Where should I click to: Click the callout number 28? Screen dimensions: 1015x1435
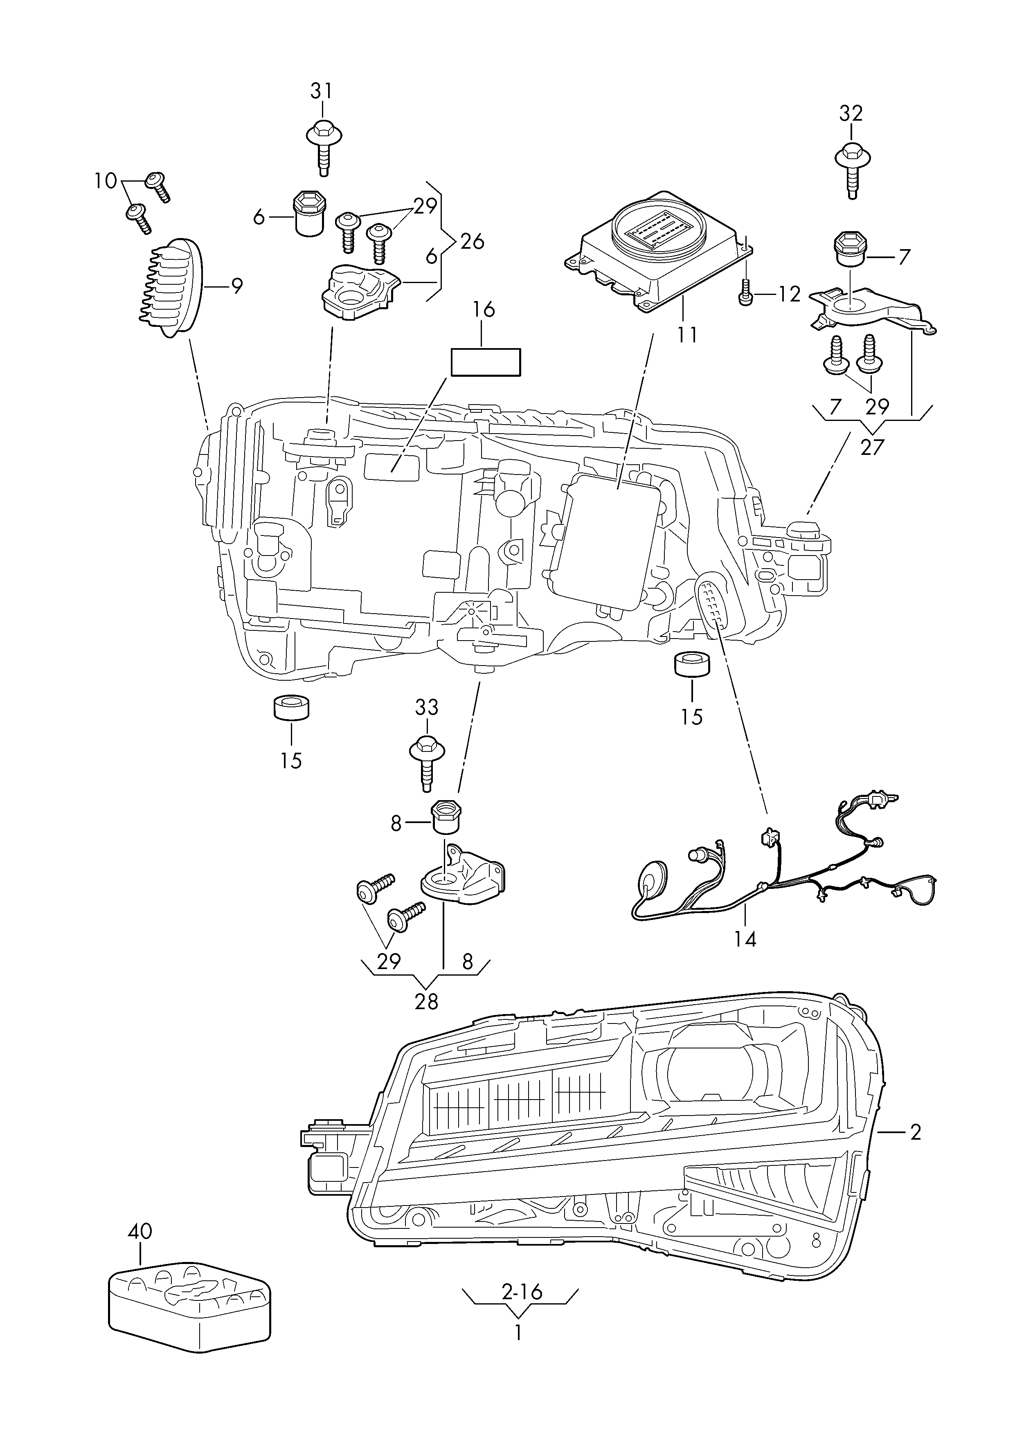(x=426, y=1001)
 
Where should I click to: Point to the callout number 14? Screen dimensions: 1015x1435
(x=746, y=956)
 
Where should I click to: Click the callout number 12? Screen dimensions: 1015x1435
(x=789, y=294)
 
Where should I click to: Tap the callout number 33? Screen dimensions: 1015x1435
(x=427, y=708)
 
